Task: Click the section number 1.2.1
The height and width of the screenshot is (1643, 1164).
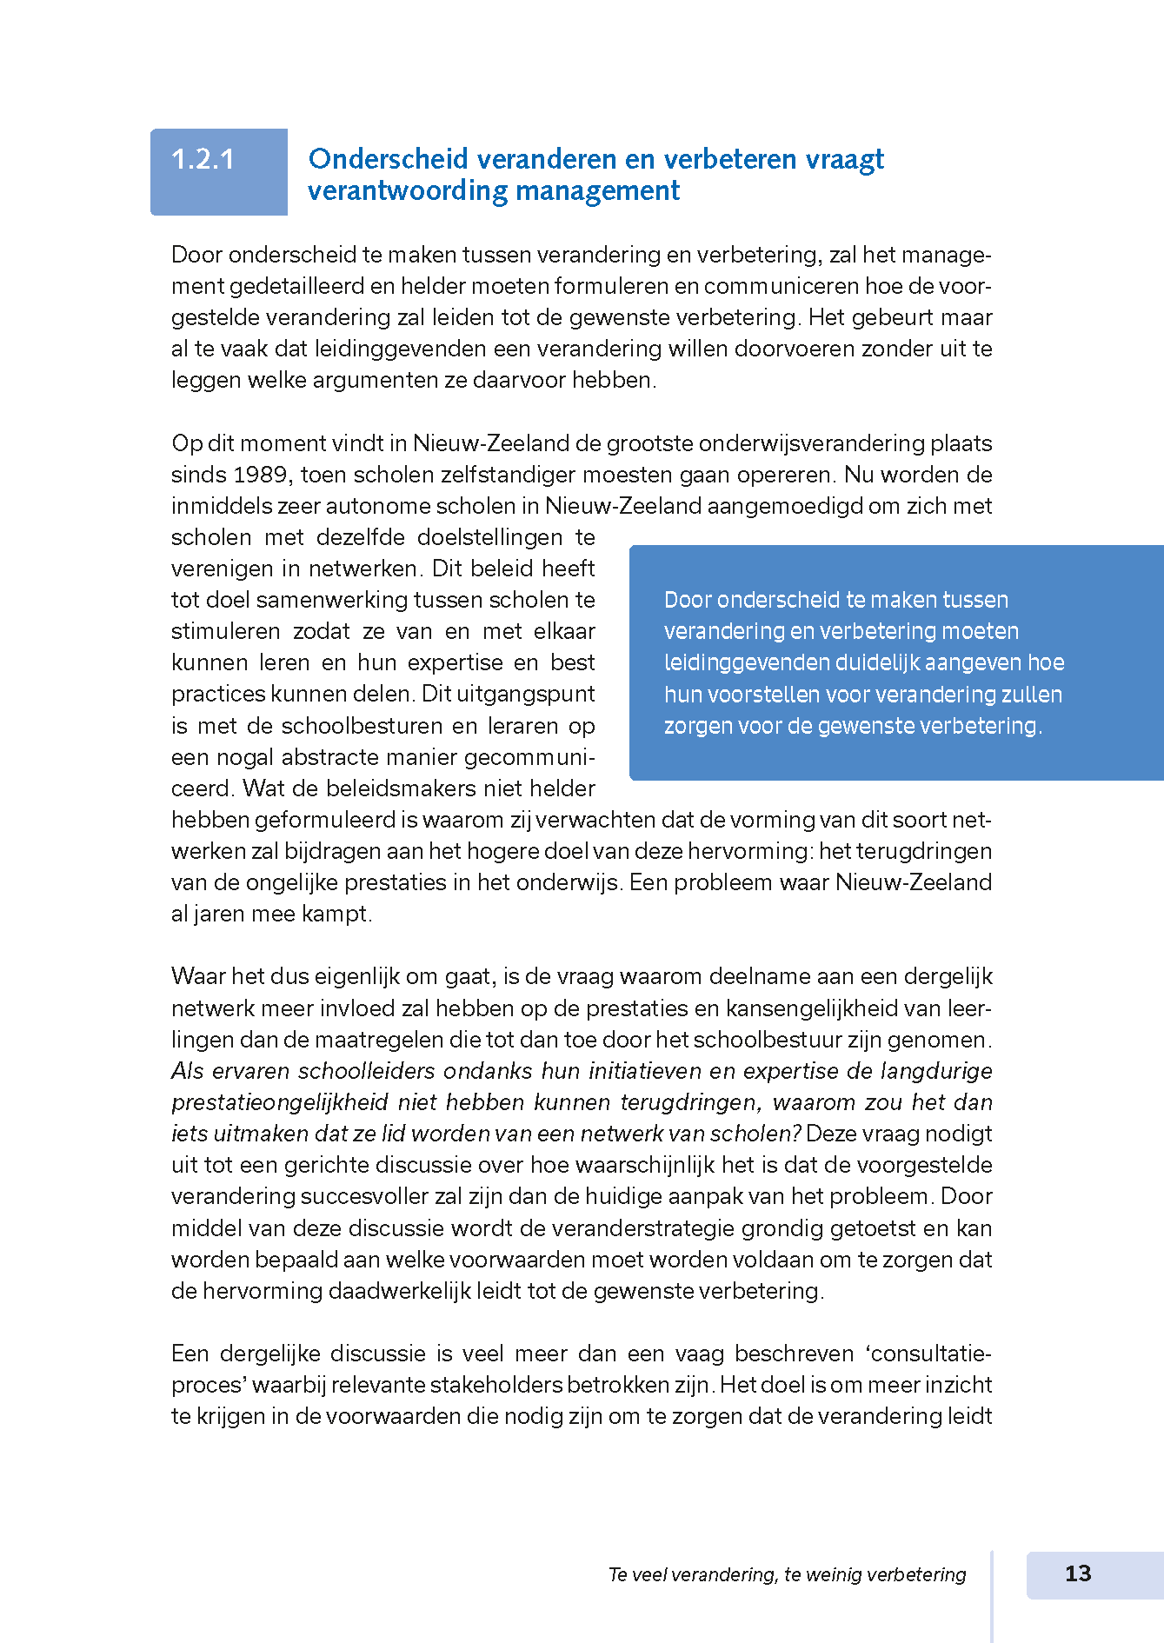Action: point(203,159)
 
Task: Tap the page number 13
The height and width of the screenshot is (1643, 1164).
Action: point(1078,1573)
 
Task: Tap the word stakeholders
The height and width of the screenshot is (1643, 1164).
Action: point(496,1385)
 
